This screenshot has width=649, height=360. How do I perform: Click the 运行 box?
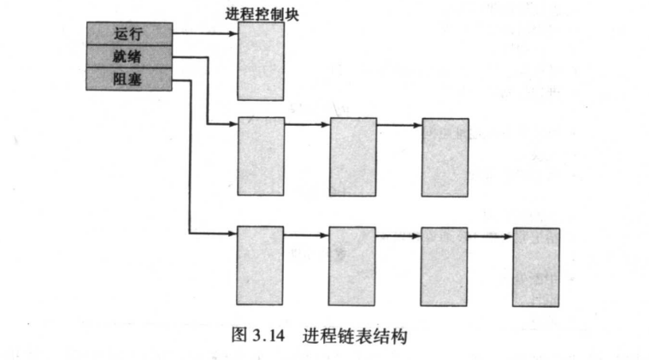128,34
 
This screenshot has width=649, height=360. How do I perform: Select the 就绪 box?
128,56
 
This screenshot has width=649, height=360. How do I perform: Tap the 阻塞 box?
128,79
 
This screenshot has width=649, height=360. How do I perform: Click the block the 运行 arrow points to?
261,62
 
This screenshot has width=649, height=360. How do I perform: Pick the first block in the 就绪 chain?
261,156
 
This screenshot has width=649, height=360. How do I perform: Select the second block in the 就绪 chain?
352,156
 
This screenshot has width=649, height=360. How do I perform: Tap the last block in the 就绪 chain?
445,157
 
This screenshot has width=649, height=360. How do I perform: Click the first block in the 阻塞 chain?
261,265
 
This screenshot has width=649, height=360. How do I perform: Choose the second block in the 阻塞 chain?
352,265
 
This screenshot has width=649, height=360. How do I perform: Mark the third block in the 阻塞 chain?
445,266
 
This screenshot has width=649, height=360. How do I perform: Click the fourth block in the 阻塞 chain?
536,267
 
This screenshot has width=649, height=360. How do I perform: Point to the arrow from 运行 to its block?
205,34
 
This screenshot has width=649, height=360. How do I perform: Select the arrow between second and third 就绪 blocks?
398,125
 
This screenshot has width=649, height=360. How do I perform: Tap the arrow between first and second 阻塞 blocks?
306,233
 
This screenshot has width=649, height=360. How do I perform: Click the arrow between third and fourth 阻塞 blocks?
490,233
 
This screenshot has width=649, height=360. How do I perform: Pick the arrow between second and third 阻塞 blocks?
398,233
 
